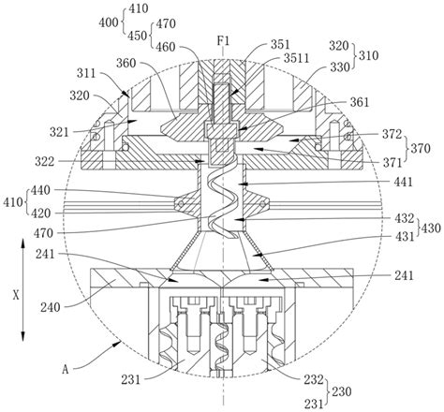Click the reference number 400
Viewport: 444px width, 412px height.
click(x=109, y=22)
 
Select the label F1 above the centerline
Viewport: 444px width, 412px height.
click(x=224, y=41)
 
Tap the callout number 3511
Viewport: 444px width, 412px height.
click(x=296, y=58)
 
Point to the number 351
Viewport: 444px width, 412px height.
click(x=280, y=44)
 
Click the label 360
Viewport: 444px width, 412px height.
click(x=126, y=64)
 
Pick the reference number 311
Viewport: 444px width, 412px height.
click(x=86, y=74)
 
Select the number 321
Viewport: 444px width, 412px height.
click(x=59, y=132)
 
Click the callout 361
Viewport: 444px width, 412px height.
click(x=360, y=102)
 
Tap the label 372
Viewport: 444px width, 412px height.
click(x=392, y=135)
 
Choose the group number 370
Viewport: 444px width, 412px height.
click(x=421, y=149)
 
